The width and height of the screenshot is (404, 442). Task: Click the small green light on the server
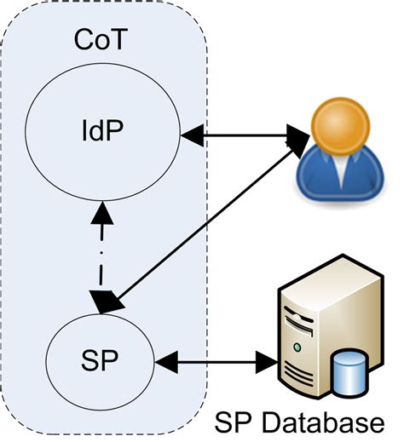pyautogui.click(x=295, y=347)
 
